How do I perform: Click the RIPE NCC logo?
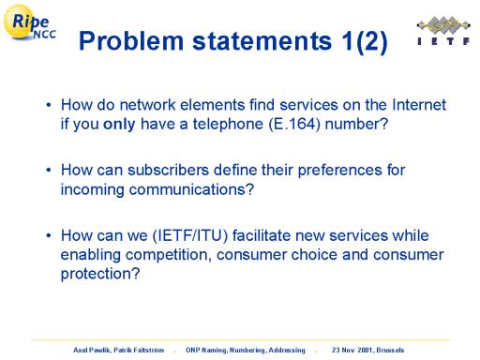coord(29,22)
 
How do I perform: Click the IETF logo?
coord(443,31)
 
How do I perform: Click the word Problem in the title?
coord(131,41)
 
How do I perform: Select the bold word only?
coord(119,125)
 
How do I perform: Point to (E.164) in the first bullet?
coord(294,125)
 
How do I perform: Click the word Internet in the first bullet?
coord(419,105)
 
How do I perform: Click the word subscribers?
coord(168,171)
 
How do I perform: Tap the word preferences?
coord(339,171)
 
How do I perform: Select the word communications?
coord(191,189)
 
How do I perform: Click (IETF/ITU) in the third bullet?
coord(190,235)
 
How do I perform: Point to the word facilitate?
coord(262,235)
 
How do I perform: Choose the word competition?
coord(167,255)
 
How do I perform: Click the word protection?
coord(100,274)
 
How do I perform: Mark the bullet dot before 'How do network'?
coord(49,105)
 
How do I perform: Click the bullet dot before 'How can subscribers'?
coord(49,171)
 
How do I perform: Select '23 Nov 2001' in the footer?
coord(352,350)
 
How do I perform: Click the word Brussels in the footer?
coord(390,350)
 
